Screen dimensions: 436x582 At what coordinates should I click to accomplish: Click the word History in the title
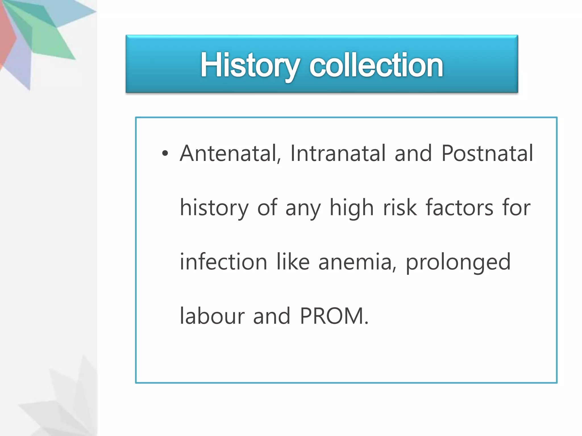(x=250, y=65)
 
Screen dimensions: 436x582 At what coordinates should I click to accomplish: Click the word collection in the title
(x=376, y=65)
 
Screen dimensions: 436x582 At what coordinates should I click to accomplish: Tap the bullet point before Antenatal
(x=165, y=154)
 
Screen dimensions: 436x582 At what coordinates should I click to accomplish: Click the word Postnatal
(x=487, y=154)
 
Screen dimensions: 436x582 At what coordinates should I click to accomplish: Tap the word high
(x=352, y=208)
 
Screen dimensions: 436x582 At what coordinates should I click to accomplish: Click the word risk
(x=400, y=207)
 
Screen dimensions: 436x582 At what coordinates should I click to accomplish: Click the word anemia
(x=357, y=262)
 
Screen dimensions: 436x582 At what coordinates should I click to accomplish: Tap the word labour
(x=212, y=316)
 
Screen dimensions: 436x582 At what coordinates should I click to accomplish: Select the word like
(x=293, y=261)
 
